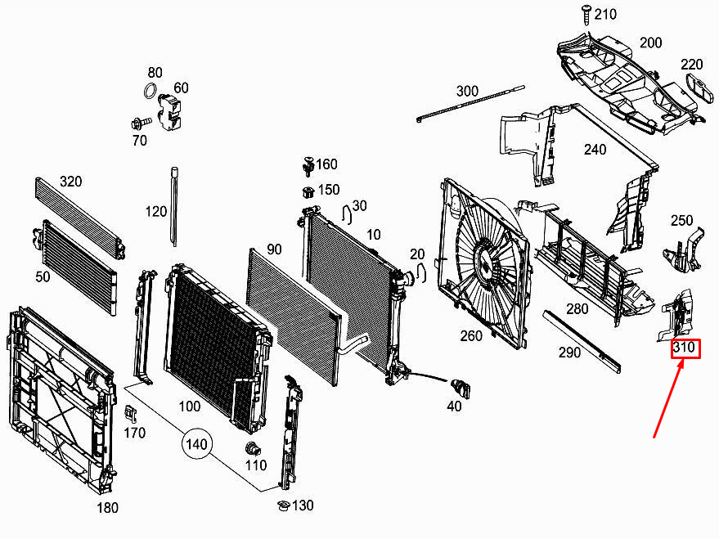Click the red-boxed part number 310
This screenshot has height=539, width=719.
click(x=685, y=349)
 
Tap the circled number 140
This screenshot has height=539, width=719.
click(x=197, y=444)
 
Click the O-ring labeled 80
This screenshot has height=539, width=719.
click(x=151, y=91)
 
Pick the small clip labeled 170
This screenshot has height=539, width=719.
click(x=130, y=411)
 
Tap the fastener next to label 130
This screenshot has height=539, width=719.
click(x=282, y=505)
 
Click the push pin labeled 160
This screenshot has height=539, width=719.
click(x=308, y=165)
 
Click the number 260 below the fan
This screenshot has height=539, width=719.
click(x=471, y=335)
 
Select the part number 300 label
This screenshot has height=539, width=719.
click(x=467, y=90)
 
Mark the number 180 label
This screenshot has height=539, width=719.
click(x=107, y=508)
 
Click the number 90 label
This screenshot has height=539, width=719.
click(x=273, y=249)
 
